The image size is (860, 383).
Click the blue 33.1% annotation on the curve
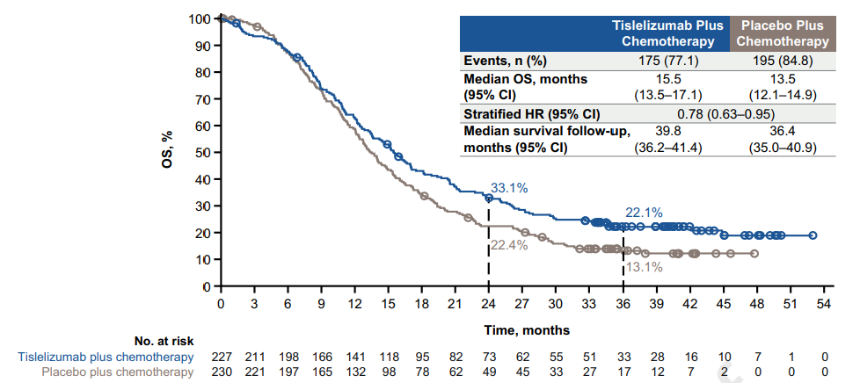pyautogui.click(x=509, y=187)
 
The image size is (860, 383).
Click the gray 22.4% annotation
pyautogui.click(x=510, y=245)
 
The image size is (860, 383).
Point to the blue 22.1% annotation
pyautogui.click(x=645, y=213)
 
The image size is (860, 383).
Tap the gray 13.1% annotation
pyautogui.click(x=645, y=267)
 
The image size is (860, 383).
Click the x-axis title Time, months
pyautogui.click(x=525, y=330)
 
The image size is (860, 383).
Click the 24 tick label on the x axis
pyautogui.click(x=488, y=303)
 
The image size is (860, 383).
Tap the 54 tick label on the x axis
pyautogui.click(x=824, y=303)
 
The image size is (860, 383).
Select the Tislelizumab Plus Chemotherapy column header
pyautogui.click(x=667, y=33)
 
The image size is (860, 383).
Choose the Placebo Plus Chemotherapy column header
pyautogui.click(x=782, y=33)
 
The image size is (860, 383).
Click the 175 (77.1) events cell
pyautogui.click(x=667, y=61)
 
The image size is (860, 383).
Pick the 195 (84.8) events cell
pyautogui.click(x=782, y=61)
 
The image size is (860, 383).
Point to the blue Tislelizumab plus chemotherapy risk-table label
pyautogui.click(x=105, y=357)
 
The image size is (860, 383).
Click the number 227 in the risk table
pyautogui.click(x=222, y=357)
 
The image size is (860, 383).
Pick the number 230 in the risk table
pyautogui.click(x=222, y=372)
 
